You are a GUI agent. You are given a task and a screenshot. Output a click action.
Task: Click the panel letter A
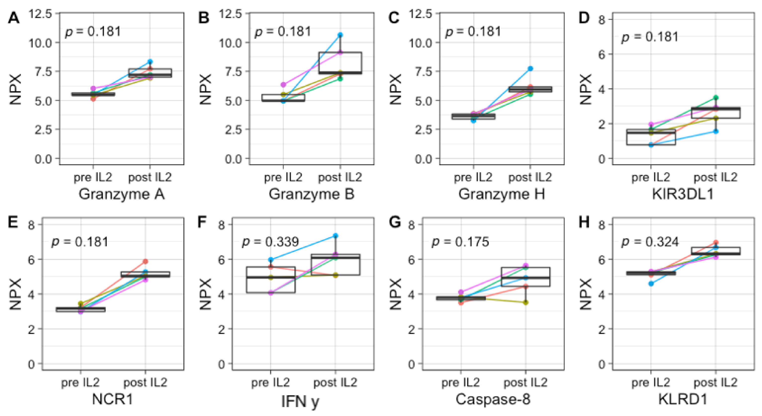tap(13, 18)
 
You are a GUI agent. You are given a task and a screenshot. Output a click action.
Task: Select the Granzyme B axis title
tap(311, 194)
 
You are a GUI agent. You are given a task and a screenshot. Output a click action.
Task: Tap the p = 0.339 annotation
tap(270, 242)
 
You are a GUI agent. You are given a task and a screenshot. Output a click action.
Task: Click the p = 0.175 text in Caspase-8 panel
tap(460, 242)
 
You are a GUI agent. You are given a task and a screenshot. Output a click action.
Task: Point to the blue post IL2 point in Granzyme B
tap(340, 35)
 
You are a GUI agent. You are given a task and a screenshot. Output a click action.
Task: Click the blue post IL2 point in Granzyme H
tap(530, 69)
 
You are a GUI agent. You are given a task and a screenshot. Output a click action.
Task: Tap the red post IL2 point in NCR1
tap(145, 261)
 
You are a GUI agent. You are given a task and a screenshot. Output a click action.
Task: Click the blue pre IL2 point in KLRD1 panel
tap(651, 283)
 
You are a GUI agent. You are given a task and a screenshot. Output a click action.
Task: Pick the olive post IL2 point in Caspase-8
tap(526, 302)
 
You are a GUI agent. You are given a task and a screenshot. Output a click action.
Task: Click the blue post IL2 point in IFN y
tap(335, 236)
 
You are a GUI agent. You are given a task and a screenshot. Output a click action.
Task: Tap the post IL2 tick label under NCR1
tap(145, 383)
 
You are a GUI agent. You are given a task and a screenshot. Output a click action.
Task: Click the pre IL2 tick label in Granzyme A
tap(93, 177)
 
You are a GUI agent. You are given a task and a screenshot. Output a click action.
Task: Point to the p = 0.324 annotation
tap(650, 242)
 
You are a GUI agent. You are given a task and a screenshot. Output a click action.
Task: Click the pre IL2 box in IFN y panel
tap(271, 280)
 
